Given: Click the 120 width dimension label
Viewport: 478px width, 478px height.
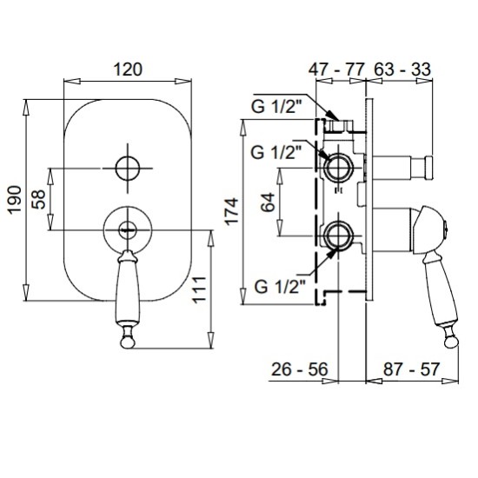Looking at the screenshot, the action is [x=128, y=70].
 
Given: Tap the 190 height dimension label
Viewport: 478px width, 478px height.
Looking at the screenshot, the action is [x=15, y=200].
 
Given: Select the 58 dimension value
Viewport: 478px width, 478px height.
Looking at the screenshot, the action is [x=39, y=199].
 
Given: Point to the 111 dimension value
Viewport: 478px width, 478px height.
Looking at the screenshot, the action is [x=199, y=289].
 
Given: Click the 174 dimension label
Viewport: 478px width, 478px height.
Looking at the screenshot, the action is [x=232, y=211].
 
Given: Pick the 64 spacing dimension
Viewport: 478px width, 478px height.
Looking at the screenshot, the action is [x=269, y=202].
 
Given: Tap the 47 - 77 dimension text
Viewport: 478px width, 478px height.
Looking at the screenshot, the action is [x=336, y=70].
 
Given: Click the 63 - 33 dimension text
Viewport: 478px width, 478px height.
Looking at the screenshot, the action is [x=402, y=70].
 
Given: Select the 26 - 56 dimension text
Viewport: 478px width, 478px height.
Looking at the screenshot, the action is [x=299, y=369].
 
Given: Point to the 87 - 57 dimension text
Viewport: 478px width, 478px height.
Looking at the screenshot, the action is [x=412, y=369].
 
